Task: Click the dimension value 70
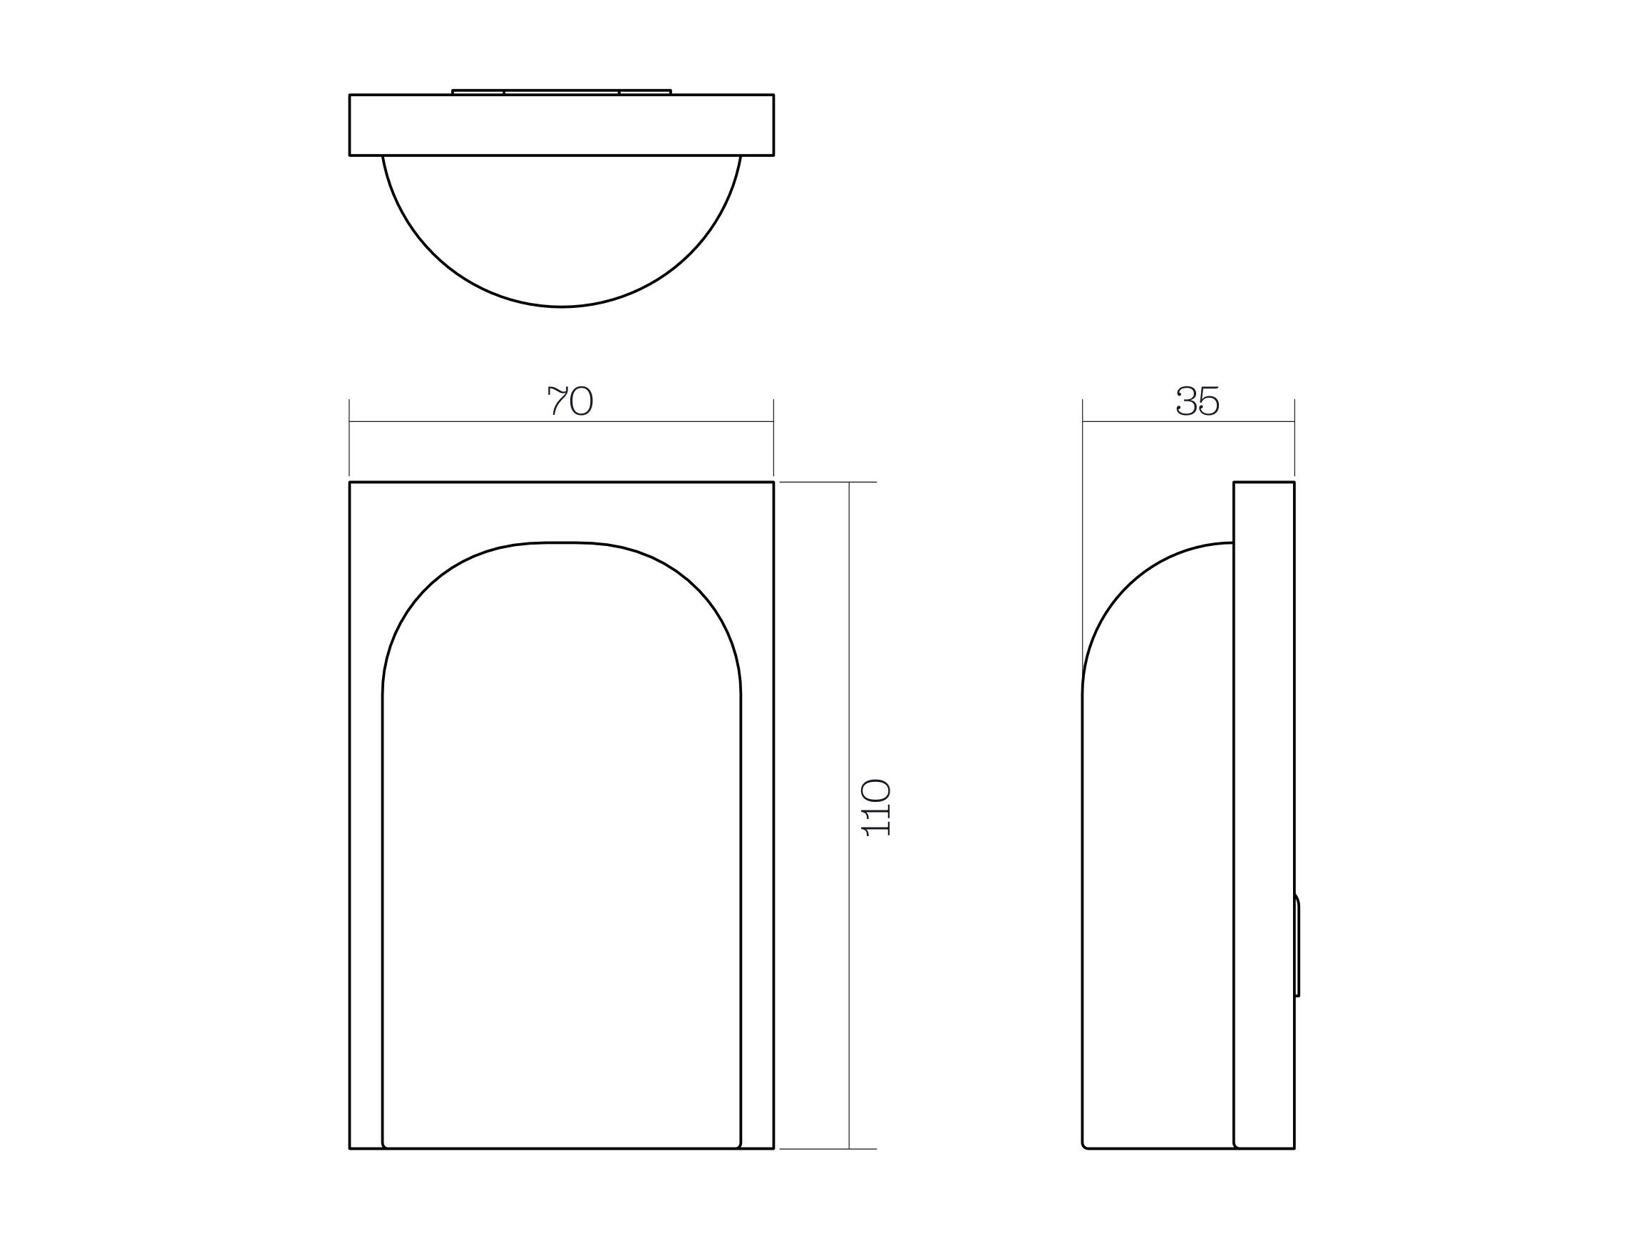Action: tap(570, 401)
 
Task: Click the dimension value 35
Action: tap(1198, 401)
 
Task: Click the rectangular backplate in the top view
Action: tap(561, 125)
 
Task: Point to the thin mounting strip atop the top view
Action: tap(561, 92)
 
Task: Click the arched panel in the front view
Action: tap(561, 857)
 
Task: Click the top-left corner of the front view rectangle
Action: tap(350, 483)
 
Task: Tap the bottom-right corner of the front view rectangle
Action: tap(773, 1148)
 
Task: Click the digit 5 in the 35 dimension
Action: tap(1209, 401)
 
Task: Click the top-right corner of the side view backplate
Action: tap(1294, 483)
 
